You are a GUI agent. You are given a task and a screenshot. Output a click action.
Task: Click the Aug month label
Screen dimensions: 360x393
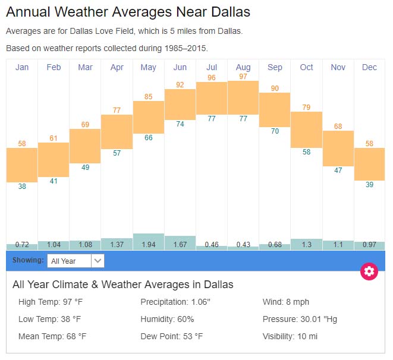[x=243, y=67]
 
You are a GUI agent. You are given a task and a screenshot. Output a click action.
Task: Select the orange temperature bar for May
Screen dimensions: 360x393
[x=148, y=117]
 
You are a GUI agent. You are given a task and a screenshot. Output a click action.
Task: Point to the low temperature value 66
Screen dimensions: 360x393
[x=148, y=138]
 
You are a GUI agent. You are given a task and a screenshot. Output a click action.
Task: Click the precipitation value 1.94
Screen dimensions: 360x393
[x=148, y=245]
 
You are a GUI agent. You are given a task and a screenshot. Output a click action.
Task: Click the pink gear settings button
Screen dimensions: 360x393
[x=369, y=271]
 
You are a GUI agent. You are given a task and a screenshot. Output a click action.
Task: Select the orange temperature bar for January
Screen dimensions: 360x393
[x=22, y=165]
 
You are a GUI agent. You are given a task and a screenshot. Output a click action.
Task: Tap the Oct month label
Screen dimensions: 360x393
[x=306, y=67]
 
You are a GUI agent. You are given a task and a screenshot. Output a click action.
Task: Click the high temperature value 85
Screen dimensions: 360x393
[x=148, y=97]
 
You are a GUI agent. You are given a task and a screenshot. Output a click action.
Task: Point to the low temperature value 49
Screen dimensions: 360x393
[x=85, y=168]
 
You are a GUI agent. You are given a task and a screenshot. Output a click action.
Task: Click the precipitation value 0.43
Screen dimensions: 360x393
[x=243, y=245]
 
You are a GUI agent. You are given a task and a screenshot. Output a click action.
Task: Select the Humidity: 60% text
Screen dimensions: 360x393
[x=168, y=319]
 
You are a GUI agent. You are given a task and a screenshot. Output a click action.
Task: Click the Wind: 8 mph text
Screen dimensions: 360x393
[x=286, y=302]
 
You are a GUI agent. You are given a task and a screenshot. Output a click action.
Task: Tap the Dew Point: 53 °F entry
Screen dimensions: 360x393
[x=172, y=336]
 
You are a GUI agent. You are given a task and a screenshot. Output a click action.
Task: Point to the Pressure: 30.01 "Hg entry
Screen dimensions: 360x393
[x=300, y=319]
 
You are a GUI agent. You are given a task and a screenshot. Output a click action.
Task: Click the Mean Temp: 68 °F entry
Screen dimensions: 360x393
[x=52, y=336]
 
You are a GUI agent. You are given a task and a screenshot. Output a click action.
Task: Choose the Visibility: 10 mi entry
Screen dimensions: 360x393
[x=290, y=336]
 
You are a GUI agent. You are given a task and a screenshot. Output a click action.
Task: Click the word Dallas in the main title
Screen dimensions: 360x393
[x=227, y=12]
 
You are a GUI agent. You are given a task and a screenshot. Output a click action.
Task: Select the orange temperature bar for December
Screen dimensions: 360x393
[x=369, y=165]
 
